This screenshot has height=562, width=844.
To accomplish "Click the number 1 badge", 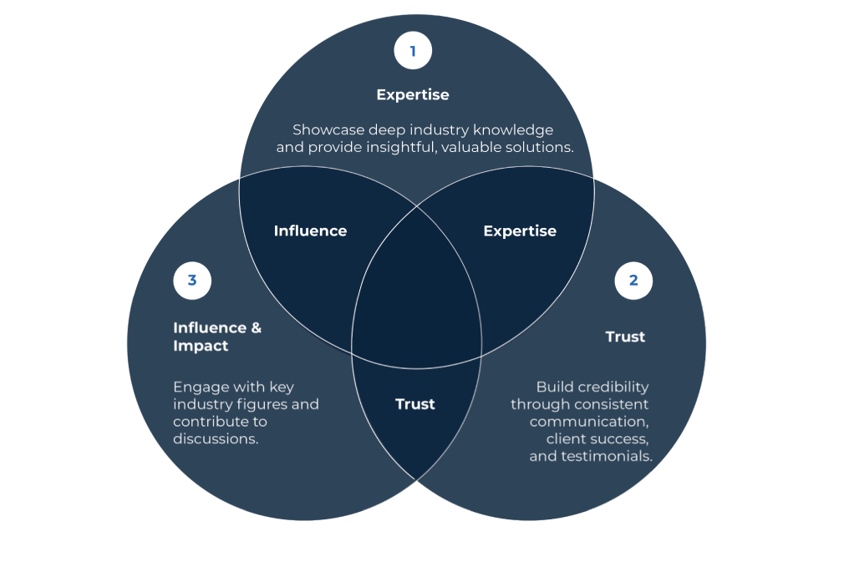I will (x=412, y=51).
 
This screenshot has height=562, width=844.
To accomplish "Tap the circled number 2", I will (x=633, y=281).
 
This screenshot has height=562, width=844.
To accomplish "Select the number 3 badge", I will (x=192, y=281).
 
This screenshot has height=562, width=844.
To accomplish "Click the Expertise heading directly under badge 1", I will (x=412, y=94).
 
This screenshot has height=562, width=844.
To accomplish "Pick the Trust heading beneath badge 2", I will (x=625, y=337).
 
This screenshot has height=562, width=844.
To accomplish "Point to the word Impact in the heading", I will (x=201, y=346).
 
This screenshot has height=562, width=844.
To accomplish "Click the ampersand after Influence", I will (x=256, y=327).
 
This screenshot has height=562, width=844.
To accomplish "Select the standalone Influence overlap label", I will (x=310, y=230).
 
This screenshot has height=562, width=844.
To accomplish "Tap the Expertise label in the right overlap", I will (x=519, y=230).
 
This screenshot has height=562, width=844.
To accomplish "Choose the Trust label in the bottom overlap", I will (x=414, y=404).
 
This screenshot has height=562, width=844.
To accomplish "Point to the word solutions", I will (x=543, y=147).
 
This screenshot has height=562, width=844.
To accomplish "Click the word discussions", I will (x=216, y=438).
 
